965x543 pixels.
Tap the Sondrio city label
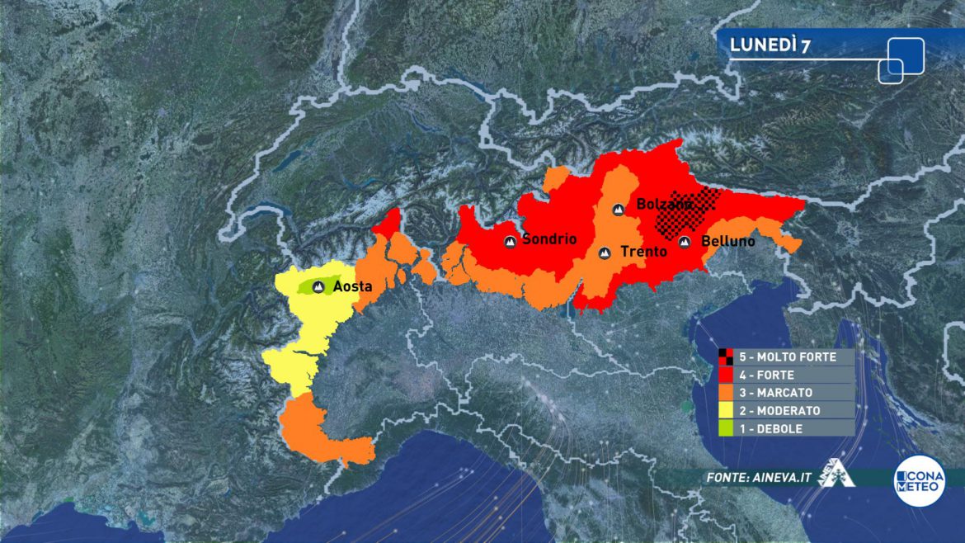pyautogui.click(x=549, y=240)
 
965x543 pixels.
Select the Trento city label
pyautogui.click(x=643, y=252)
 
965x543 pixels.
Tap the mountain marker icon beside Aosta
pyautogui.click(x=318, y=287)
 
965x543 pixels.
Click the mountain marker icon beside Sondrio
pyautogui.click(x=511, y=242)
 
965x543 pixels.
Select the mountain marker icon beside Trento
pyautogui.click(x=605, y=253)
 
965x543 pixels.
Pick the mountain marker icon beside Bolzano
pyautogui.click(x=619, y=210)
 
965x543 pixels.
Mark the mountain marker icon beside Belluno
pyautogui.click(x=685, y=242)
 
